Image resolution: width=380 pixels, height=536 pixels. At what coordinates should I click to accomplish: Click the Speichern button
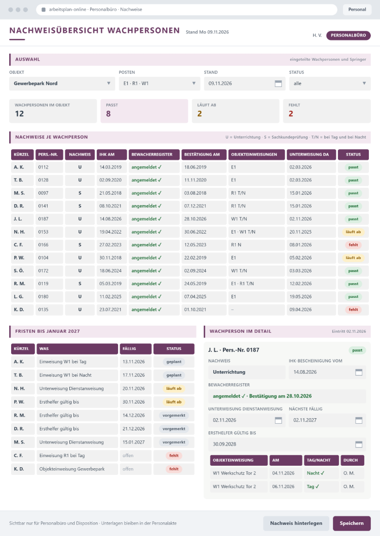tap(352, 523)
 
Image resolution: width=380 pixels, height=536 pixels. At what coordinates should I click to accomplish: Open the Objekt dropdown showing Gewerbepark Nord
tap(62, 83)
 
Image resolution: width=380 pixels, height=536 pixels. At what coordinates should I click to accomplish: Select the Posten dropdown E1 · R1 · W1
tap(159, 83)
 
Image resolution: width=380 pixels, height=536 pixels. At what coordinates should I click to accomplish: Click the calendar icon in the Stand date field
tap(278, 83)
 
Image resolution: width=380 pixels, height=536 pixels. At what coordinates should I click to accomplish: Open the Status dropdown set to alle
tap(330, 83)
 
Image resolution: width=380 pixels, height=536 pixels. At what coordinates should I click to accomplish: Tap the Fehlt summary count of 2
tap(290, 114)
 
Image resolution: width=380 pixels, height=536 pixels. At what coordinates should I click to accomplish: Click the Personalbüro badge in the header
tap(348, 35)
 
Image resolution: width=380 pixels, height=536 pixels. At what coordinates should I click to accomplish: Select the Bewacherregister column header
tap(154, 155)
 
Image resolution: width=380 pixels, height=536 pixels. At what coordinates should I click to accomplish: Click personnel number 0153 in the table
tap(43, 232)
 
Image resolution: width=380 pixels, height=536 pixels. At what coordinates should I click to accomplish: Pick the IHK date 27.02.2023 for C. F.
tap(110, 245)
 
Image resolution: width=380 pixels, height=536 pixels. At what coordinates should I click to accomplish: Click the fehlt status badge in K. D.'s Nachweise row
tap(353, 309)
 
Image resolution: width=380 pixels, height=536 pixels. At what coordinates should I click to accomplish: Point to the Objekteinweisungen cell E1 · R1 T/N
tap(242, 284)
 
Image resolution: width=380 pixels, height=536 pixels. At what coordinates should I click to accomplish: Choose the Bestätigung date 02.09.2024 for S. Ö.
tap(195, 271)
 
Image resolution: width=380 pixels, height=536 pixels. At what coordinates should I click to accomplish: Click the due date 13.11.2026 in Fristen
tap(134, 362)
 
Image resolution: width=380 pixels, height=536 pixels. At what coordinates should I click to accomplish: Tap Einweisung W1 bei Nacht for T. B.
tap(65, 375)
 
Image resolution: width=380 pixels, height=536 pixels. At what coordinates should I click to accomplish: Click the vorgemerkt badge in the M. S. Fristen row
tap(174, 442)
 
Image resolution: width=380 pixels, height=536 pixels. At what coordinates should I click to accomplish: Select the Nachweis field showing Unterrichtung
tap(247, 372)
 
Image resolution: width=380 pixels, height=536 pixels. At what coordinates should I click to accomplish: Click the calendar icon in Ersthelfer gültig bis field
tap(359, 444)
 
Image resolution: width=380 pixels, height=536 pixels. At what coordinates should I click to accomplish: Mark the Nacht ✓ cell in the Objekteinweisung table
tap(316, 473)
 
